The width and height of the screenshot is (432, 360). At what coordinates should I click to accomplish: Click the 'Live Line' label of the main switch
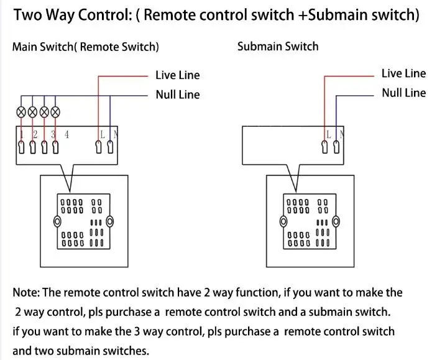pyautogui.click(x=177, y=75)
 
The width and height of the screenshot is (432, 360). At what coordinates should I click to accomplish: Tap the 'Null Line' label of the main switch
pyautogui.click(x=178, y=95)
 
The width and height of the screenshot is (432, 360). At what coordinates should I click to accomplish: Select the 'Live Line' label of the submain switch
pyautogui.click(x=403, y=73)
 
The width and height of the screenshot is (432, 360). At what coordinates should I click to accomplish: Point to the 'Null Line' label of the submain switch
pyautogui.click(x=404, y=93)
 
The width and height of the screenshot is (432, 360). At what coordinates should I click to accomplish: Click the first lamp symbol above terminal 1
pyautogui.click(x=21, y=112)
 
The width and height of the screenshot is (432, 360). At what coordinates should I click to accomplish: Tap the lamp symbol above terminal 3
pyautogui.click(x=44, y=112)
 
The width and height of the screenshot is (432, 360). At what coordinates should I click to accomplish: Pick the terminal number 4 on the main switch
pyautogui.click(x=67, y=134)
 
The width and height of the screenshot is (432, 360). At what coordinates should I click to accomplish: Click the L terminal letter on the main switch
pyautogui.click(x=103, y=134)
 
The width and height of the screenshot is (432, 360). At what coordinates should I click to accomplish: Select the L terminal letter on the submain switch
pyautogui.click(x=329, y=134)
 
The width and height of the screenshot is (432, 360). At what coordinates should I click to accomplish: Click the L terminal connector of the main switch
pyautogui.click(x=98, y=147)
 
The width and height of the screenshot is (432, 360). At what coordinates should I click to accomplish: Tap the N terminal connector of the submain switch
pyautogui.click(x=336, y=147)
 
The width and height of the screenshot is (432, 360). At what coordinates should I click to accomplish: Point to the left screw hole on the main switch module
pyautogui.click(x=57, y=221)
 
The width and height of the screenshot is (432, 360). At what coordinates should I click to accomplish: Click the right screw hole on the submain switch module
pyautogui.click(x=336, y=221)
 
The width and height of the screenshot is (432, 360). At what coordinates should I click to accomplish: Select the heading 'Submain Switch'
pyautogui.click(x=278, y=46)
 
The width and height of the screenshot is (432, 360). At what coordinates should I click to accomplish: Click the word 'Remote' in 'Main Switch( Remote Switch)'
pyautogui.click(x=99, y=47)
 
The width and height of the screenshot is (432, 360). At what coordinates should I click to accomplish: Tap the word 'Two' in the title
pyautogui.click(x=27, y=14)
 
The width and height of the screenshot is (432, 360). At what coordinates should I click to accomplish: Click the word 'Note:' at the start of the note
pyautogui.click(x=26, y=292)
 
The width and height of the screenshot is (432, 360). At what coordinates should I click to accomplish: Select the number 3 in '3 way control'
pyautogui.click(x=137, y=331)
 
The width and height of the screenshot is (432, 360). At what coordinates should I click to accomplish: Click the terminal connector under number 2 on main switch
pyautogui.click(x=33, y=147)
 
